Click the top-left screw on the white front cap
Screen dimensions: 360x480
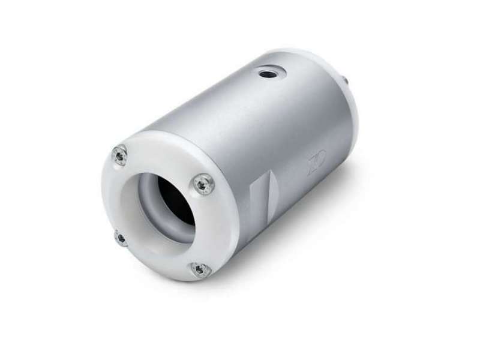click(x=121, y=155)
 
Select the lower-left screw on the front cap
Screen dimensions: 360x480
click(x=121, y=238)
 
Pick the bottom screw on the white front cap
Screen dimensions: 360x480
click(x=200, y=269)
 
